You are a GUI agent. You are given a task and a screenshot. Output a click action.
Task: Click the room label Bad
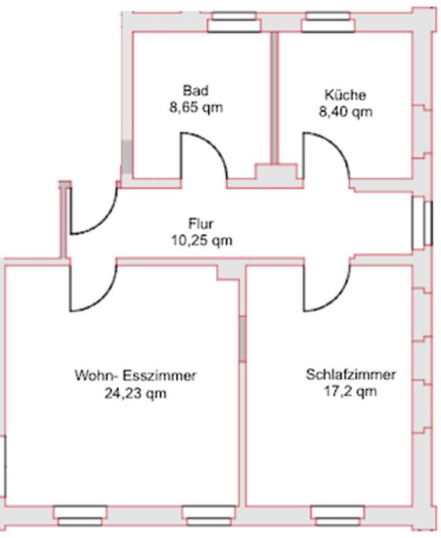click(x=195, y=91)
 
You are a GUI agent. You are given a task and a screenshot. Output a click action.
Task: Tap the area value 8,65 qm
click(x=196, y=108)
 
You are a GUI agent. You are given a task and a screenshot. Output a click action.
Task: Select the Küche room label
click(x=346, y=95)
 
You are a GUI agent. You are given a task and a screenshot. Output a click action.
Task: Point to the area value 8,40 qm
click(x=346, y=112)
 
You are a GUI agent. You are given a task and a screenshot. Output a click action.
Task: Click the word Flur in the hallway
click(x=201, y=224)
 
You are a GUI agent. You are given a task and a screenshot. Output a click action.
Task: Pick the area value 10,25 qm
click(x=202, y=240)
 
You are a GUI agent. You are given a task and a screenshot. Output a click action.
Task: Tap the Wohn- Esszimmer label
click(x=135, y=376)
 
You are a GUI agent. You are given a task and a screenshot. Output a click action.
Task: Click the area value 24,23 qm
click(x=135, y=393)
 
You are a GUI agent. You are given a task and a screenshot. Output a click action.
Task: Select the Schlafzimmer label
click(x=350, y=374)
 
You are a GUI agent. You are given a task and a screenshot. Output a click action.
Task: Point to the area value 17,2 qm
click(x=350, y=391)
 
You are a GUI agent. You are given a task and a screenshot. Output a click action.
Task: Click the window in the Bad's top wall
click(x=234, y=22)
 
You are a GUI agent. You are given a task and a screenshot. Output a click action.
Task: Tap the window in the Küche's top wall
click(x=328, y=22)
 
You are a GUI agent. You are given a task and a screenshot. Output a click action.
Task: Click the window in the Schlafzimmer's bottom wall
click(x=338, y=516)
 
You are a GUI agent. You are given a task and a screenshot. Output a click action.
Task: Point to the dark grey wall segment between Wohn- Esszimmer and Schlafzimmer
click(x=243, y=339)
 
